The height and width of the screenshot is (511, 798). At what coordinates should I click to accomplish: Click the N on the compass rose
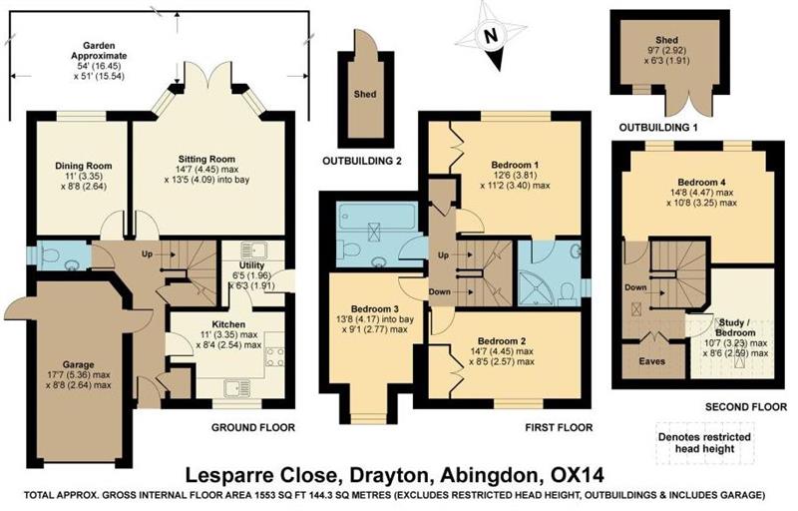point(490,36)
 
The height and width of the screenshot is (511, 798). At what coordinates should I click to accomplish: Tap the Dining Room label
point(84,166)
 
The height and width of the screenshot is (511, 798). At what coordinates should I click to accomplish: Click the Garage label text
point(79,364)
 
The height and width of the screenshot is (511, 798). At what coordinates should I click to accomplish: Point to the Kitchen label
point(228,324)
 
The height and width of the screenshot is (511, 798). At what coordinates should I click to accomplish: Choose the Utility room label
point(252,265)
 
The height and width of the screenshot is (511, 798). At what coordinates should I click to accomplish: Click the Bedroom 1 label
point(515,165)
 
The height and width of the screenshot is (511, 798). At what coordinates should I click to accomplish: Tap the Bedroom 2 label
point(502,341)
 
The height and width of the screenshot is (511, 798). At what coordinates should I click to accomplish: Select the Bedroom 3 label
point(375,309)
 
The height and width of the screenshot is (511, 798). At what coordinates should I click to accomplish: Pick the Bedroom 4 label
point(702,183)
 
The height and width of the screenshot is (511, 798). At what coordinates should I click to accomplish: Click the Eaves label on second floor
point(652,361)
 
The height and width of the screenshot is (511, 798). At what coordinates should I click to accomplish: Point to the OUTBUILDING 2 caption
point(362,162)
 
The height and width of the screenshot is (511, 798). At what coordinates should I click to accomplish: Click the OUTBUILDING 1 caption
point(658,127)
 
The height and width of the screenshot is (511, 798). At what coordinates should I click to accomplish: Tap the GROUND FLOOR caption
point(253,427)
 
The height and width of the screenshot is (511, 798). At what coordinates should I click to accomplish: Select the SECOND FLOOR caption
point(745,406)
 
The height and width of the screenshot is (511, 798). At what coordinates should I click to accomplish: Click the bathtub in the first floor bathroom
point(378,218)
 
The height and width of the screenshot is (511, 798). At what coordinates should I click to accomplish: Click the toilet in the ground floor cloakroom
point(48,254)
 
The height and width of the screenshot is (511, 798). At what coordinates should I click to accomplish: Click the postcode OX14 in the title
point(578,475)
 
